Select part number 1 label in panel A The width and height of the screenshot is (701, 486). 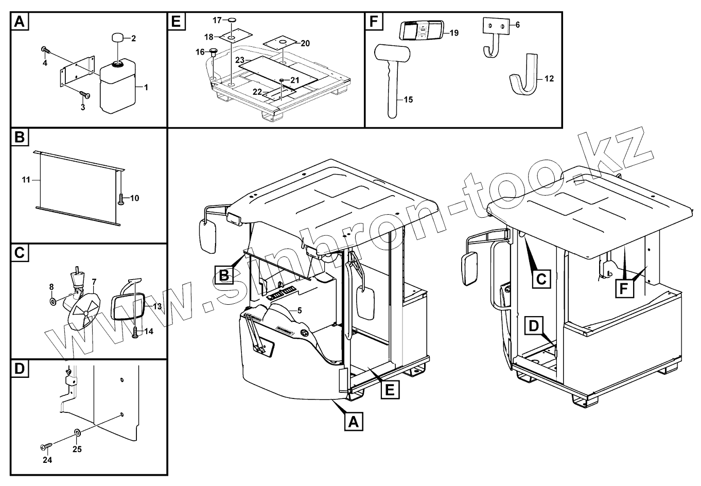(146, 88)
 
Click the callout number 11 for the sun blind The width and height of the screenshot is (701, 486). (26, 180)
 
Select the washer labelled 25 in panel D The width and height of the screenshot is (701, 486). (77, 431)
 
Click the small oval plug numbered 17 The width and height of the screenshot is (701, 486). (232, 20)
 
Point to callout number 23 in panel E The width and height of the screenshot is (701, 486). (240, 60)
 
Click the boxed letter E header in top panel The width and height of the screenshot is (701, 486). (176, 22)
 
